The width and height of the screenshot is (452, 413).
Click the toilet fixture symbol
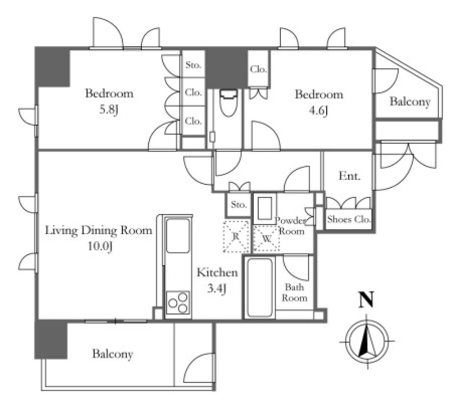pos(229,102)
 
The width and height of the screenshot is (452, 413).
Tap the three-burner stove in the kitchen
pos(178,302)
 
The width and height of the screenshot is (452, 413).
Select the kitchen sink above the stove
pos(178,236)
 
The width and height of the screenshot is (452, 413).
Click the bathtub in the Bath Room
pos(260,288)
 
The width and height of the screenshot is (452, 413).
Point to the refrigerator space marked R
pos(236,237)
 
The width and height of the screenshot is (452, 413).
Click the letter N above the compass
pos(366,300)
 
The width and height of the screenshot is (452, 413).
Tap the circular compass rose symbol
pos(367,341)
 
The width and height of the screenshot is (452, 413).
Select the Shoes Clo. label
pos(349,220)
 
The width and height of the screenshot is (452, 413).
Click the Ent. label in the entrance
pos(350,175)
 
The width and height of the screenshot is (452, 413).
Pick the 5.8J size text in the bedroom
pos(109,109)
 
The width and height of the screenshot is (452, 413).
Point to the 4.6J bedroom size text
pos(318,111)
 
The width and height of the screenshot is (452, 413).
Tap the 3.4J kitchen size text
pos(216,288)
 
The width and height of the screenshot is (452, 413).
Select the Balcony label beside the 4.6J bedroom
pos(410,101)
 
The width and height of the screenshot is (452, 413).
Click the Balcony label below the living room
pos(113,354)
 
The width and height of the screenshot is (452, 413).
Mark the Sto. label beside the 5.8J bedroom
pos(193,65)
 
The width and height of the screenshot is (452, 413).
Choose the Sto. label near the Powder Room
pos(239,205)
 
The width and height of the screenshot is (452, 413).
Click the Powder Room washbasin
pos(265,208)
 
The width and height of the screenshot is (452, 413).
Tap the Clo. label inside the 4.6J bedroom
pos(258,69)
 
